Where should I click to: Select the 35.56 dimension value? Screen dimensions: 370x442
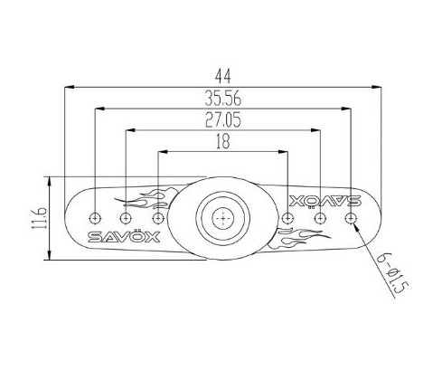(222, 99)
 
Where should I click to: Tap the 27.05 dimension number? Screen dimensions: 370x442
(222, 119)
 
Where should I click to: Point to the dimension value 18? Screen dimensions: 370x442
(222, 142)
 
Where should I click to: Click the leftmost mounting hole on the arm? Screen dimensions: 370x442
(96, 218)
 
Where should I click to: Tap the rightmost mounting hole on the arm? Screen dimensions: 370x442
(350, 218)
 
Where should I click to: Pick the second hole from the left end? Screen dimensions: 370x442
(126, 219)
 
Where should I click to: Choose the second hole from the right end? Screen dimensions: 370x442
(319, 219)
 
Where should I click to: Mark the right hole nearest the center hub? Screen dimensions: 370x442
(287, 219)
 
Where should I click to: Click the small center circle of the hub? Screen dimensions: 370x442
(222, 218)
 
